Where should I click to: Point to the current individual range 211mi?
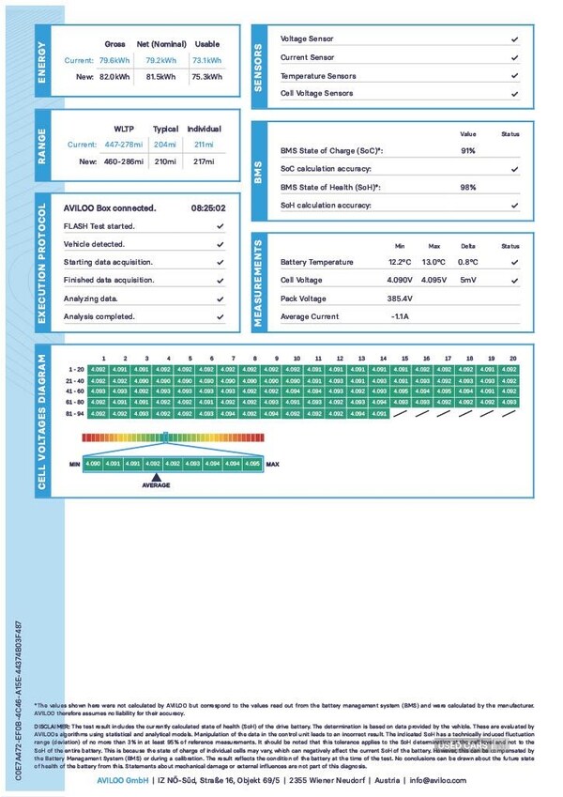coord(204,144)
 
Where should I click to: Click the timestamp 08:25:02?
coord(207,208)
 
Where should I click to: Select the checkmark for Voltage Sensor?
coord(514,39)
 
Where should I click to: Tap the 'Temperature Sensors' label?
coord(318,76)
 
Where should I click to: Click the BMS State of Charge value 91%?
coord(467,150)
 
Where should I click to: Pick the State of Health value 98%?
coord(467,187)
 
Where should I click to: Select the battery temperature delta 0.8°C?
coord(467,263)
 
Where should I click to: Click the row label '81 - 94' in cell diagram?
coord(76,413)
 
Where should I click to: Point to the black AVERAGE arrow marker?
coord(156,475)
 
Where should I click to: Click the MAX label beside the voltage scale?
coord(273,464)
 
